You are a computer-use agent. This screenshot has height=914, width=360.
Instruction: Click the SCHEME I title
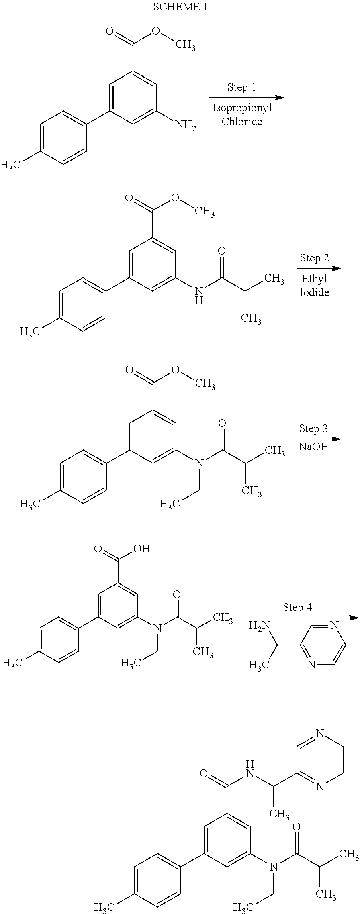(180, 7)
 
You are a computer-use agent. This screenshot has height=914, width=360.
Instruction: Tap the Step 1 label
(241, 87)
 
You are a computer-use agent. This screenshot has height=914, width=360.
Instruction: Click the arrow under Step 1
(246, 98)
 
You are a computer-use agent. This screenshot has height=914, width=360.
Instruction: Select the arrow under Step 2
(319, 269)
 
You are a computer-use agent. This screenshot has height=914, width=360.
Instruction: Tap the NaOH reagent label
(313, 447)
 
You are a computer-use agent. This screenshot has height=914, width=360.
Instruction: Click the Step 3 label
(313, 428)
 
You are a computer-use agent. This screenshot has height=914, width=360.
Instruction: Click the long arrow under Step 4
(302, 618)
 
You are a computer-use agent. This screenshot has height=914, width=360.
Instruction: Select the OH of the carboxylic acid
(141, 548)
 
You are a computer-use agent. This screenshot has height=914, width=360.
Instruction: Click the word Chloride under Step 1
(242, 122)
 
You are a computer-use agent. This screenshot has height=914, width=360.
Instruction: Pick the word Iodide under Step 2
(315, 292)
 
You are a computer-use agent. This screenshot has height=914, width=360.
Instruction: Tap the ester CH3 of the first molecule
(185, 45)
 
